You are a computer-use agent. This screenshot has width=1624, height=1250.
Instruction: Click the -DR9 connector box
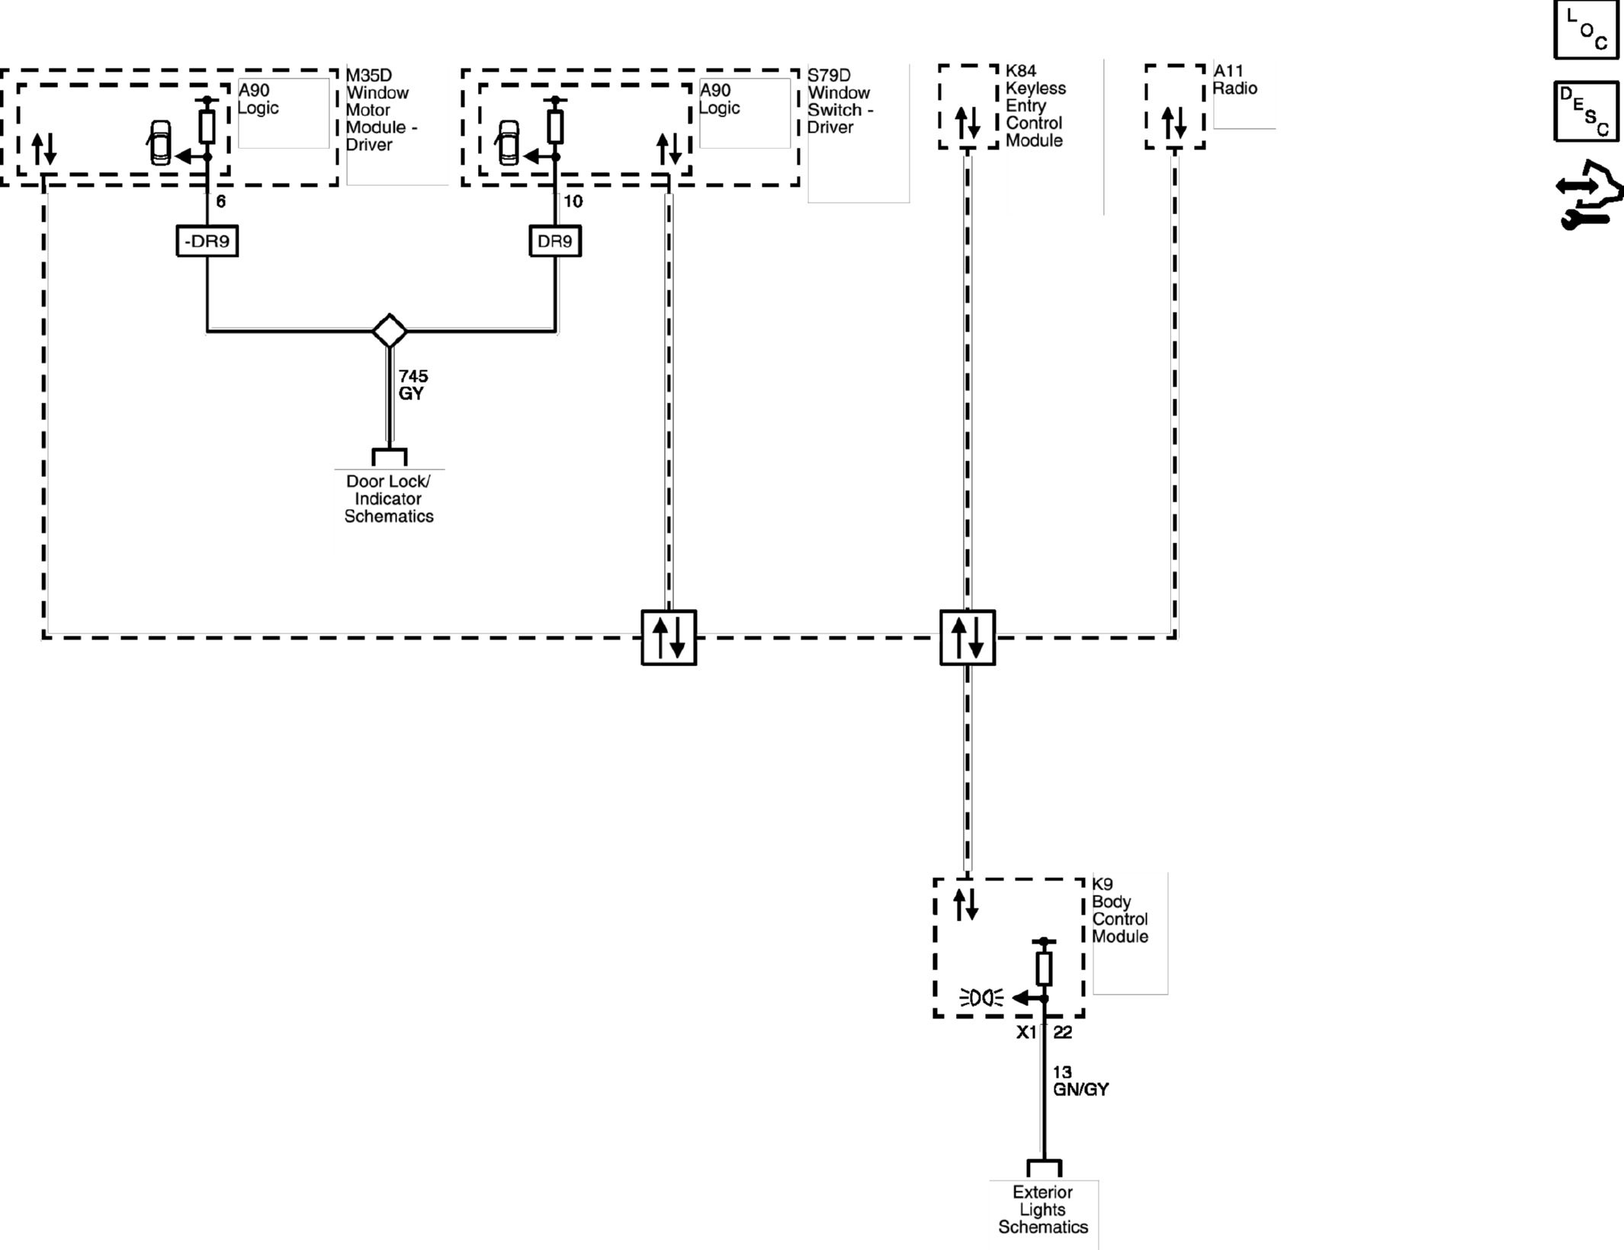[207, 241]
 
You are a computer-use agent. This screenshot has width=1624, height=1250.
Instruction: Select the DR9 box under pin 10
[555, 241]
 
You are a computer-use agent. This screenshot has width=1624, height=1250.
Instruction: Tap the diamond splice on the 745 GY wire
[390, 331]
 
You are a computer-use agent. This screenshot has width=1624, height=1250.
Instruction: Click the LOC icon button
[1587, 29]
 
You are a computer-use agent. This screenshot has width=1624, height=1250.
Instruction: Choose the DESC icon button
[1587, 111]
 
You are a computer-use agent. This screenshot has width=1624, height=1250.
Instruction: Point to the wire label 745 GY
[413, 385]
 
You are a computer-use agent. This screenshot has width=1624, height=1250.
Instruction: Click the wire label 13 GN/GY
[1080, 1081]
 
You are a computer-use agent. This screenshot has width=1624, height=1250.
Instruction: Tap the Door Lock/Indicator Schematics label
[389, 498]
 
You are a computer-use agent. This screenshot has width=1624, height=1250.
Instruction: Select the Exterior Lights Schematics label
[1043, 1210]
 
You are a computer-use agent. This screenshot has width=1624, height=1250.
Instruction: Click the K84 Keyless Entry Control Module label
[1035, 105]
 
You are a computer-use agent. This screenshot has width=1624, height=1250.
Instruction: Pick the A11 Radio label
[1235, 79]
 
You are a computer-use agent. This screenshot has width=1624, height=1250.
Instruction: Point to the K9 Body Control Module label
[1120, 910]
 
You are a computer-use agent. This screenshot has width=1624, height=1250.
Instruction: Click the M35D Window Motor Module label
[381, 110]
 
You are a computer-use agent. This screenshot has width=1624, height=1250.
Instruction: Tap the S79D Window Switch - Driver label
[840, 101]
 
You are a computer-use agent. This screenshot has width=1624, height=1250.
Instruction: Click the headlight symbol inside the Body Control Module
[981, 997]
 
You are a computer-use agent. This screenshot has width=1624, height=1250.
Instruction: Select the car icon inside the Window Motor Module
[160, 143]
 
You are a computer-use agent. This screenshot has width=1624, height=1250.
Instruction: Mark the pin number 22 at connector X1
[1063, 1032]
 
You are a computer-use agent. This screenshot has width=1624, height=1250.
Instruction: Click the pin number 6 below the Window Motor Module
[221, 201]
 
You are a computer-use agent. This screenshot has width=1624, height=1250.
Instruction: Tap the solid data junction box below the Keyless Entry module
[968, 637]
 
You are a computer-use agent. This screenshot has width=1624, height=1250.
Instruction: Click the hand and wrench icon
[1589, 194]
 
